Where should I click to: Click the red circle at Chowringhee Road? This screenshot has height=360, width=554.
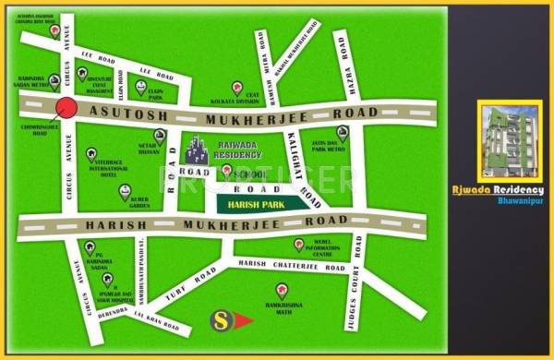pos(66,108)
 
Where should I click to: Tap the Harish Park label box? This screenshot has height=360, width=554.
pos(258,203)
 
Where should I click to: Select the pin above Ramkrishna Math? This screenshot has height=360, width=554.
pos(282,290)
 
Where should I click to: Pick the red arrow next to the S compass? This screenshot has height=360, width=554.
pos(242,320)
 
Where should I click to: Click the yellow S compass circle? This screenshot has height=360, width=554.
pos(221,320)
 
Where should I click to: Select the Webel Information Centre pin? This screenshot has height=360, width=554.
pos(298,244)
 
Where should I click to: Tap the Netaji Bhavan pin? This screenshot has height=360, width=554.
pos(159,137)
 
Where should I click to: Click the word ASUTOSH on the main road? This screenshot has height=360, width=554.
pos(120,109)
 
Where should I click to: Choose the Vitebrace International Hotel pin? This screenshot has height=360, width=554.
pos(90,154)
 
